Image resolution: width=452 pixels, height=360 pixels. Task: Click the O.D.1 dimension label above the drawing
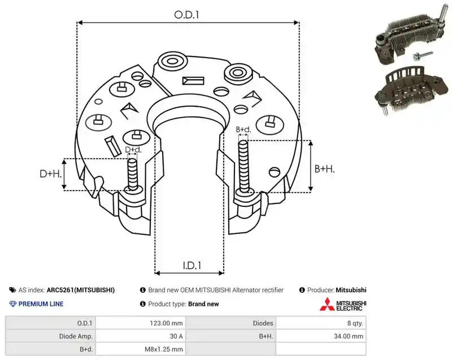(x=187, y=15)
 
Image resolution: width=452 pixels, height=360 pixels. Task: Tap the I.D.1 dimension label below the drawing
(x=192, y=266)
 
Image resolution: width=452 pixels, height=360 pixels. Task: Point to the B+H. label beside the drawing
(x=324, y=168)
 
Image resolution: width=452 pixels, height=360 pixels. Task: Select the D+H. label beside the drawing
(x=51, y=174)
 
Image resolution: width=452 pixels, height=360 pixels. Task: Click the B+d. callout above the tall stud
(x=244, y=129)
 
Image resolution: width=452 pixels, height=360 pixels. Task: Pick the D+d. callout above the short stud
(x=133, y=150)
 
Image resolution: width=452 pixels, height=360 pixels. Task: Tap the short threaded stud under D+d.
(x=133, y=175)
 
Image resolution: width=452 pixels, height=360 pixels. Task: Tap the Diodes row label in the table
(x=263, y=323)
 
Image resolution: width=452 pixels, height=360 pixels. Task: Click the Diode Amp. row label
(x=76, y=336)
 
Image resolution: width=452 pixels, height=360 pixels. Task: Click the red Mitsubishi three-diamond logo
(x=327, y=304)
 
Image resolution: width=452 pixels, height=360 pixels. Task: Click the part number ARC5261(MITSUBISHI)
(x=81, y=290)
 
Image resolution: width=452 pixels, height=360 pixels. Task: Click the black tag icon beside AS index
(x=12, y=290)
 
